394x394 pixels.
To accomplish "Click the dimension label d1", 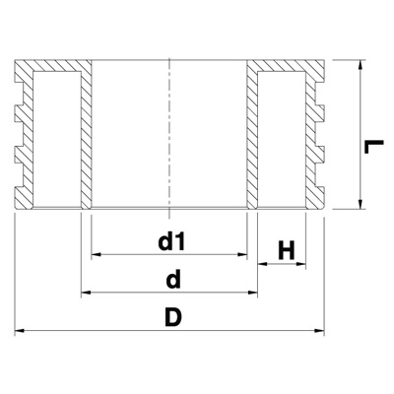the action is click(x=171, y=242).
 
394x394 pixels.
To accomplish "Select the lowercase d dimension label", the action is click(x=173, y=280).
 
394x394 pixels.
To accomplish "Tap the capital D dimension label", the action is click(x=173, y=317).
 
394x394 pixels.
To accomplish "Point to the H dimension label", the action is click(x=287, y=250).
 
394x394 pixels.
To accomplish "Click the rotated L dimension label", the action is click(x=373, y=147).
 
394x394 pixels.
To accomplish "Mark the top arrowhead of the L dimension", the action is click(x=361, y=65).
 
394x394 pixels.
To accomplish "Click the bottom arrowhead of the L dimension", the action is click(x=361, y=204).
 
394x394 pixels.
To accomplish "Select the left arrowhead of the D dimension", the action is click(x=20, y=330).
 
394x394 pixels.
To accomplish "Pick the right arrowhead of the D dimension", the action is click(x=319, y=330).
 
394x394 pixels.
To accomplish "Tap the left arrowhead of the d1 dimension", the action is click(x=96, y=254).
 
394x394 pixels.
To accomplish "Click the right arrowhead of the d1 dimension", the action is click(x=242, y=254).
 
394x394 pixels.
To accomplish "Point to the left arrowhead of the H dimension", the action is click(x=263, y=263).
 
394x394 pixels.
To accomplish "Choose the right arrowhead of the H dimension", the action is click(x=301, y=263).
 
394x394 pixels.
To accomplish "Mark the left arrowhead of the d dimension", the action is click(x=86, y=292).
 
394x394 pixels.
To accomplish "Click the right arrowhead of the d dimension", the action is click(x=252, y=292).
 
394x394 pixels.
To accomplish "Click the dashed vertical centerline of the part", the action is click(x=169, y=139).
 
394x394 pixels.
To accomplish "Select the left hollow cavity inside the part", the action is click(x=57, y=139).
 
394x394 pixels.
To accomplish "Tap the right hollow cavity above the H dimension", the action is click(x=282, y=139).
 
